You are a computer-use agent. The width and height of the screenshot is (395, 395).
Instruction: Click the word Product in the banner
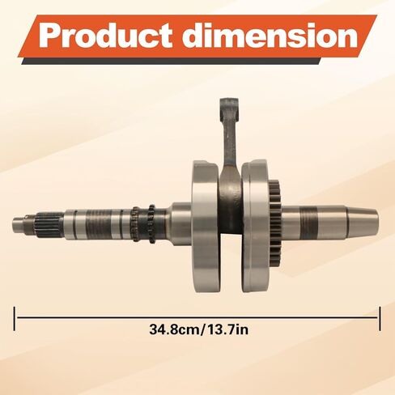[x=105, y=36]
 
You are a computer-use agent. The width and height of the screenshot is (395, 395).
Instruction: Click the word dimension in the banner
[x=270, y=36]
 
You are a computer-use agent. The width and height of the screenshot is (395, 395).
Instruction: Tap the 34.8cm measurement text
[x=175, y=329]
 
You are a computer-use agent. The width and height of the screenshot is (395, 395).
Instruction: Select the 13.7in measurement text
[x=227, y=329]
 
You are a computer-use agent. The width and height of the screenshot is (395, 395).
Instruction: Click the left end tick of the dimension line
[x=15, y=318]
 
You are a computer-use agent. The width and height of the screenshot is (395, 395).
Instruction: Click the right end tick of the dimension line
[x=380, y=318]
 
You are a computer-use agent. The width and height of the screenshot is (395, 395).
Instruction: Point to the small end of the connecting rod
[x=229, y=108]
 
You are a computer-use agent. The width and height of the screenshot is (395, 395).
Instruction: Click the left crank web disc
[x=206, y=226]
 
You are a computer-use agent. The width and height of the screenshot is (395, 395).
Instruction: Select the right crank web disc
[x=255, y=226]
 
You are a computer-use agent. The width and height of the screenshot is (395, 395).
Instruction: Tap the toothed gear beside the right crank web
[x=275, y=224]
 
